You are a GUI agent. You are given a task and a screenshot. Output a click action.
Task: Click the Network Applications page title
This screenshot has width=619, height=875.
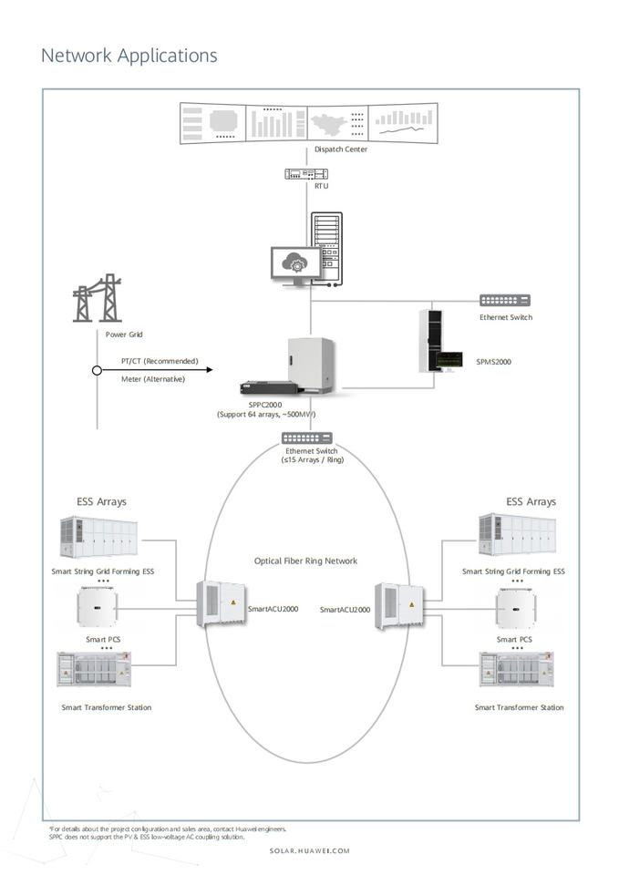point(129,56)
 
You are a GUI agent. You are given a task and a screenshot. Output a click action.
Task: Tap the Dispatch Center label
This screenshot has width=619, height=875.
point(340,149)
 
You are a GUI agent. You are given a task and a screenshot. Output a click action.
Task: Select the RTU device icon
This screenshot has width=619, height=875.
point(306,174)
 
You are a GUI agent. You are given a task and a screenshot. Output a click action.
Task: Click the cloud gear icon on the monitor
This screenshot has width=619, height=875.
point(295,262)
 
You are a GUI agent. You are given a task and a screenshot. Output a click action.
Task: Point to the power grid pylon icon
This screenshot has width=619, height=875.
point(98,298)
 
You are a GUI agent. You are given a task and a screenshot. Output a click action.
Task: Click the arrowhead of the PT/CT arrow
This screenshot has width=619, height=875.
point(210,369)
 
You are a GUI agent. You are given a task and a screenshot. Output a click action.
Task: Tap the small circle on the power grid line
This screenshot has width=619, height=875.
point(97,370)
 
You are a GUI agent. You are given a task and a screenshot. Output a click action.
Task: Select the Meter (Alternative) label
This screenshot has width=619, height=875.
point(153,379)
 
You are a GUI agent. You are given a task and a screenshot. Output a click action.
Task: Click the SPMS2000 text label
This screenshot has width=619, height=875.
point(493,362)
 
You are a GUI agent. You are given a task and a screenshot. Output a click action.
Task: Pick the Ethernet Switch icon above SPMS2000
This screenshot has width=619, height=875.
point(504,300)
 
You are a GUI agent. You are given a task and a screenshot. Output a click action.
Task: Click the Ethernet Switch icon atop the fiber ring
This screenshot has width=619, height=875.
point(307,438)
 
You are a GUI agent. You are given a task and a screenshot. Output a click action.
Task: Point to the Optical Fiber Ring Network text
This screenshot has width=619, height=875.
point(305,561)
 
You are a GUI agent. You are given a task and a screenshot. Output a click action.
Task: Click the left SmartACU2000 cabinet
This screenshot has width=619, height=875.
point(221,603)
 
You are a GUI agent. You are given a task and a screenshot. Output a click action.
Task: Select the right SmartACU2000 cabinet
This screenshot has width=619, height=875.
point(398,605)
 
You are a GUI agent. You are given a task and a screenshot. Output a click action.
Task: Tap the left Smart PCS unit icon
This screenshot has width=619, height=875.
point(98,607)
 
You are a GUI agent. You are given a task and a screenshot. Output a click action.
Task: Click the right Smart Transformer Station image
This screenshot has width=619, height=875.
point(517,669)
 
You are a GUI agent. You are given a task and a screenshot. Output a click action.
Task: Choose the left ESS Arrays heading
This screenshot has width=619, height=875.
point(101,501)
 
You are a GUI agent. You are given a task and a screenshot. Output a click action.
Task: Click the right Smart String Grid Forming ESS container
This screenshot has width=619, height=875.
point(517,535)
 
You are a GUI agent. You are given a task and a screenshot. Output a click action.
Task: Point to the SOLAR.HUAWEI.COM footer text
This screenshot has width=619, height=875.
point(309,851)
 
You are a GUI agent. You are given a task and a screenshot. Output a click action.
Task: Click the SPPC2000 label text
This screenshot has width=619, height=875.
point(265,405)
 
